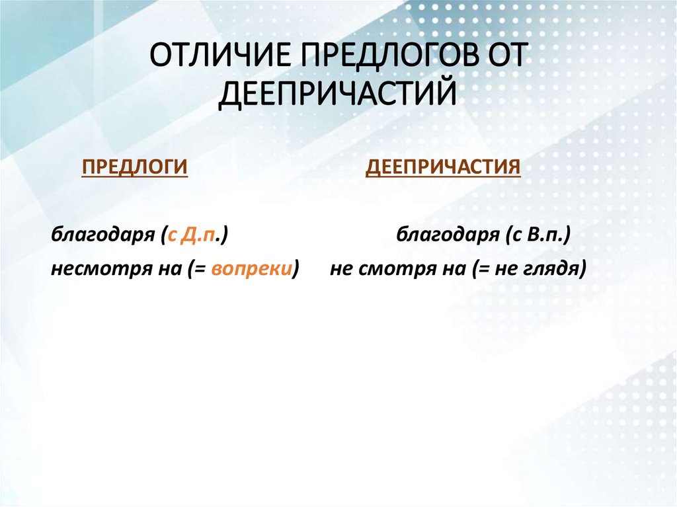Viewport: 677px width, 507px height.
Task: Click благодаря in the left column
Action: point(102,235)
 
